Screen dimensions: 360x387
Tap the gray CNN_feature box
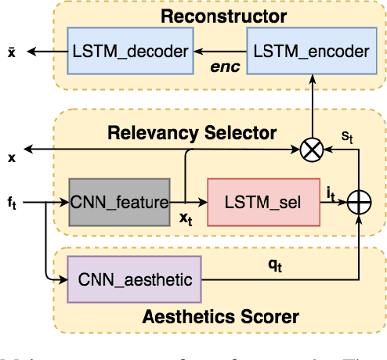tap(119, 203)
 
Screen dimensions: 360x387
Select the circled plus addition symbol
tap(359, 203)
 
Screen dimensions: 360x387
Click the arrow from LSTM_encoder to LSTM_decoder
tap(223, 52)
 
